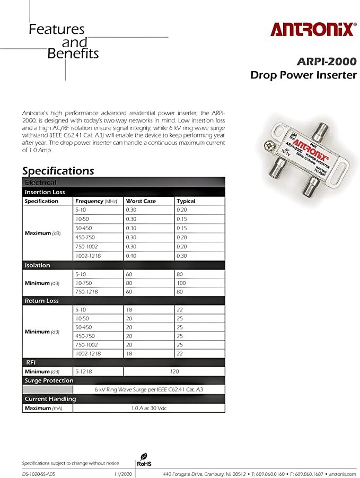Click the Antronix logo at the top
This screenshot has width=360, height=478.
pos(312,29)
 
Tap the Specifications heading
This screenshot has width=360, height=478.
pos(58,170)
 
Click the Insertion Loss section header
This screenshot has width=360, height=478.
pos(45,192)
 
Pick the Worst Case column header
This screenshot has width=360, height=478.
pos(141,201)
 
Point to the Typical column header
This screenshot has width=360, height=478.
pos(186,201)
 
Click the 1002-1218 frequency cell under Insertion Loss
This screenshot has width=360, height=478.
pos(87,255)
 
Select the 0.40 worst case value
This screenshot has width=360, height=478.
pos(131,255)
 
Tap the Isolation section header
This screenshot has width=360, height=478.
pos(38,265)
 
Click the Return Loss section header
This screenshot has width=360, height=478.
pos(42,301)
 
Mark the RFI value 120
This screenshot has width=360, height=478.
pos(174,371)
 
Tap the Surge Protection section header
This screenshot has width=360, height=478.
pos(49,380)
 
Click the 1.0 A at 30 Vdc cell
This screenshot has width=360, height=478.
pos(148,408)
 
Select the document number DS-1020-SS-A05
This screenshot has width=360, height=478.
pos(39,473)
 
